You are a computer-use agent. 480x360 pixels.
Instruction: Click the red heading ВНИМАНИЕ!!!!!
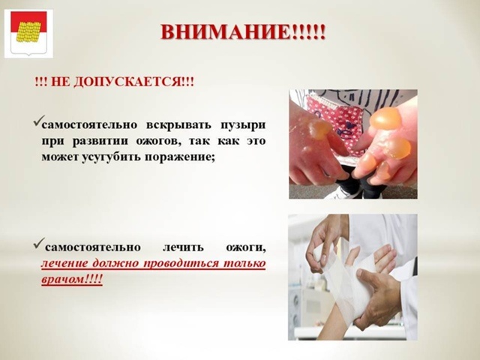tap(243, 32)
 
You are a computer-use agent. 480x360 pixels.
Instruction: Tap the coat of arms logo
tap(28, 33)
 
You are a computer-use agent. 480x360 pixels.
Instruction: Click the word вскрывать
tap(178, 125)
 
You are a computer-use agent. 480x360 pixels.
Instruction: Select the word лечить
tap(183, 247)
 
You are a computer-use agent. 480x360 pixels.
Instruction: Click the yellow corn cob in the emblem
tap(28, 32)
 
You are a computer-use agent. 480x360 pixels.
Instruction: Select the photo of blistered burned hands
tap(353, 144)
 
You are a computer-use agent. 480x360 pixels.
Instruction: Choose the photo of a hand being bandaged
tap(352, 277)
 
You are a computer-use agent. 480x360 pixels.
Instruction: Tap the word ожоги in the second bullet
tap(246, 247)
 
